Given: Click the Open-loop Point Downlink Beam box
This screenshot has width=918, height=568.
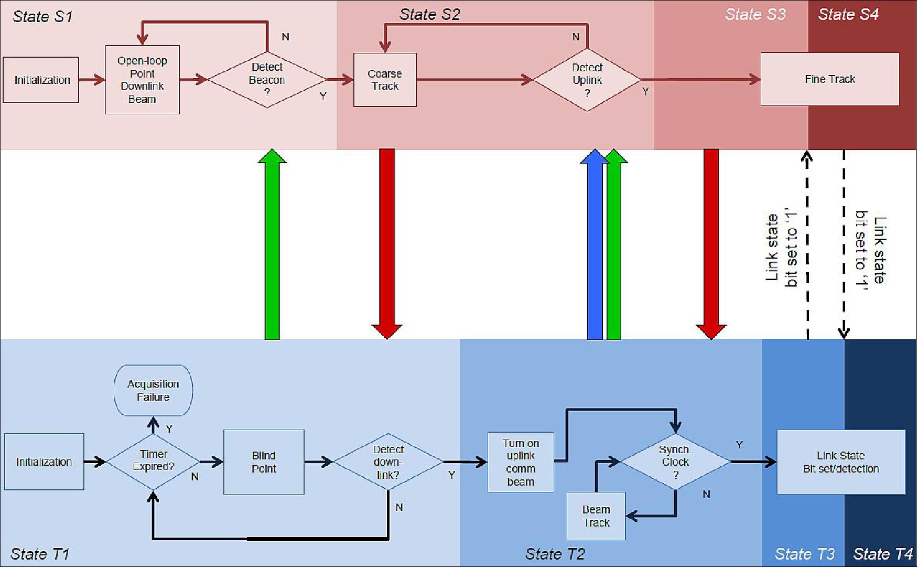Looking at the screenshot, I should coord(142,80).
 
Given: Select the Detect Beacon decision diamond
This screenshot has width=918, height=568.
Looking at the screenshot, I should coord(267,80).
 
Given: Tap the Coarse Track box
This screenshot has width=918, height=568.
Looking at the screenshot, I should coord(385,80).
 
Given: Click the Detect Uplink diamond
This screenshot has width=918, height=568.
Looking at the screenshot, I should coord(587,80).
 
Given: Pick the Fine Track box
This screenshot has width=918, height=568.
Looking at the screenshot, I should coord(829,79).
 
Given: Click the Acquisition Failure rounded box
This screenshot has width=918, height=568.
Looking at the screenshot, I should coord(153,391).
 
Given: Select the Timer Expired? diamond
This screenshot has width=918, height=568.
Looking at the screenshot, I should coord(153,461).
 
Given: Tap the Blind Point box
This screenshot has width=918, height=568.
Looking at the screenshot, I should coord(264,462).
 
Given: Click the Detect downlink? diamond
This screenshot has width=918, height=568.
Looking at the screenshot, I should coord(388,462).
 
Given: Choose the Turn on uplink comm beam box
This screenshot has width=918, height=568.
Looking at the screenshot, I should coord(521,462).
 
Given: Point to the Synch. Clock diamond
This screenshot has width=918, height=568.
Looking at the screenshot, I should coord(675,462).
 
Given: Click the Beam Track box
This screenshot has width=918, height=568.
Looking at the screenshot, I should coord(596,516).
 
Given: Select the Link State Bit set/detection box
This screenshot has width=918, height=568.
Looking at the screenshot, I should coord(840,462).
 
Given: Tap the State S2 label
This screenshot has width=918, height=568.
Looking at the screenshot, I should coord(429,15).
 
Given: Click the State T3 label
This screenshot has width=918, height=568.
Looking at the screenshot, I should coord(804,554).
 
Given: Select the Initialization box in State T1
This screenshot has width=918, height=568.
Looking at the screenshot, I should coord(44,462).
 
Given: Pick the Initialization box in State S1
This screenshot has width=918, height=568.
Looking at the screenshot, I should coord(41,80).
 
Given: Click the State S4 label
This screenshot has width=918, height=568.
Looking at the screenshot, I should coord(848,15).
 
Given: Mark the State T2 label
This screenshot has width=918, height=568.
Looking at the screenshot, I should coord(555,554).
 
